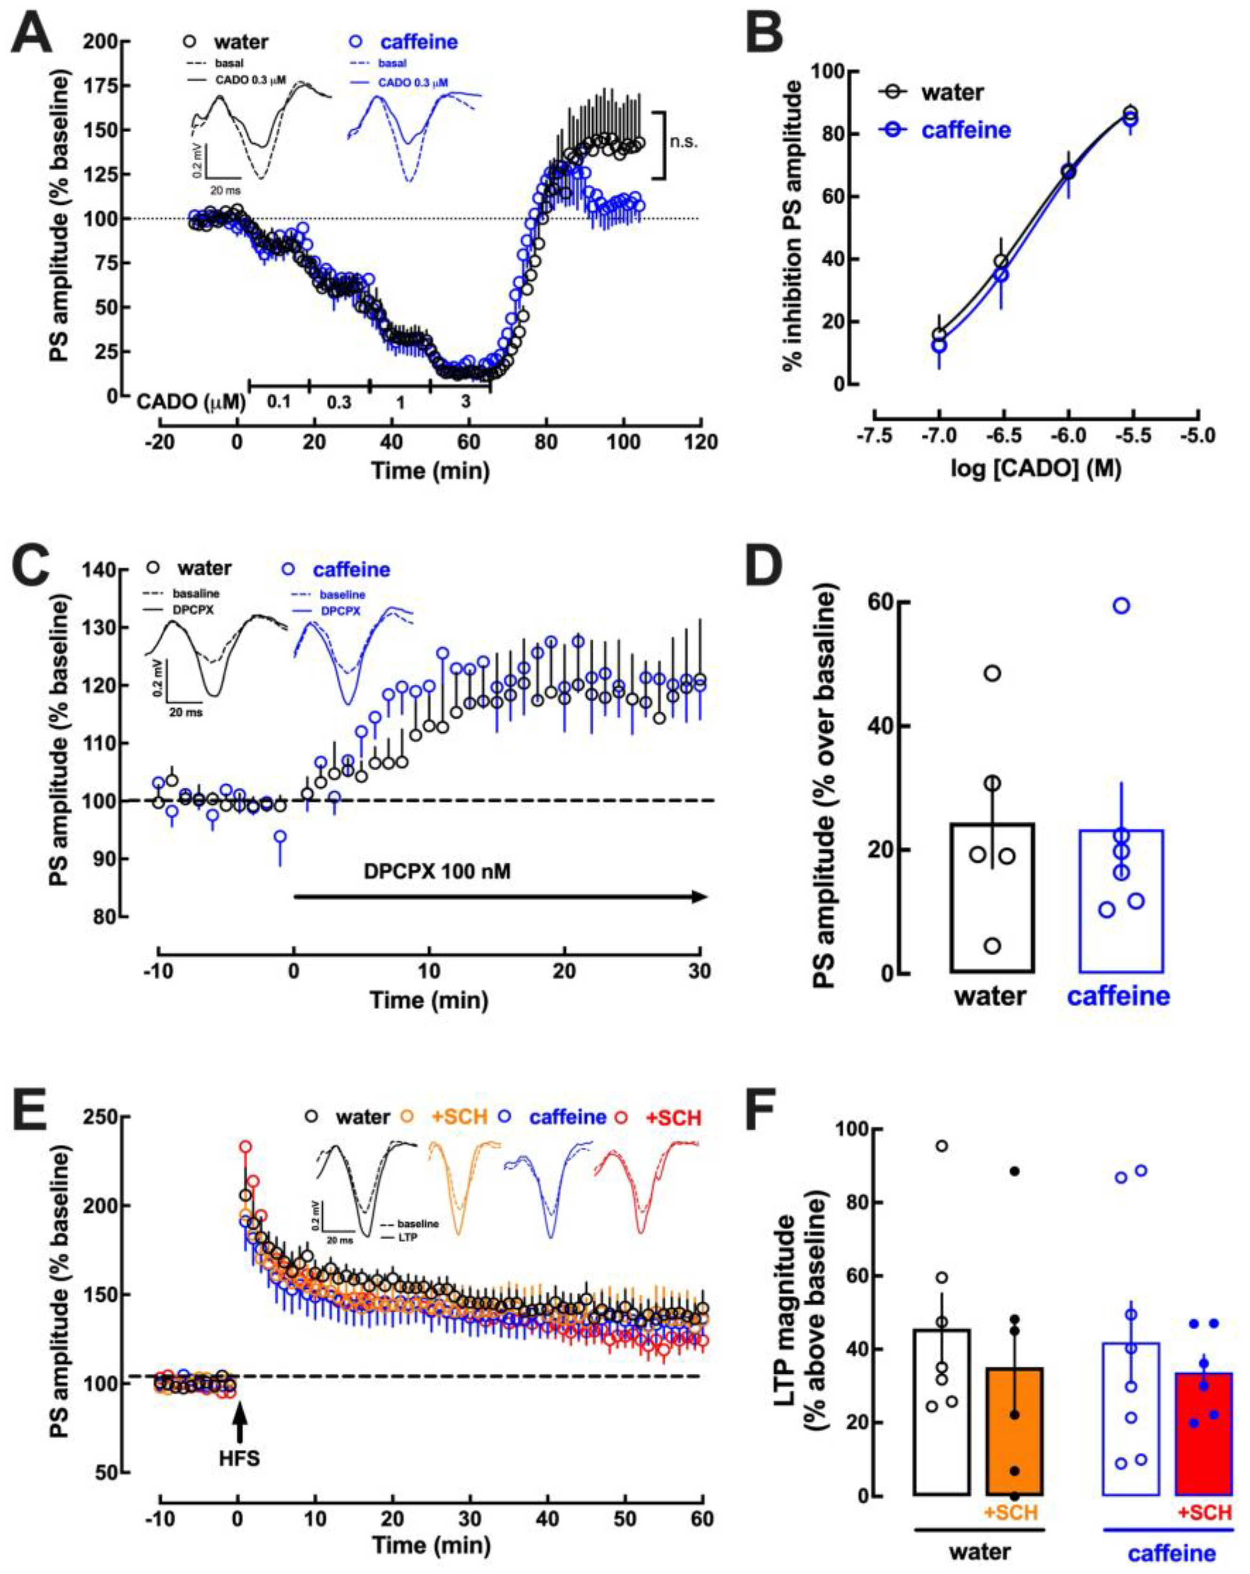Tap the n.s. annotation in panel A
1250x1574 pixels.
pos(683,142)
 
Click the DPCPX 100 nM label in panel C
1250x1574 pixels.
pos(436,872)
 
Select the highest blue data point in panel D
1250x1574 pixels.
pos(1122,605)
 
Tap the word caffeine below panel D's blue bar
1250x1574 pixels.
pos(1119,995)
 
